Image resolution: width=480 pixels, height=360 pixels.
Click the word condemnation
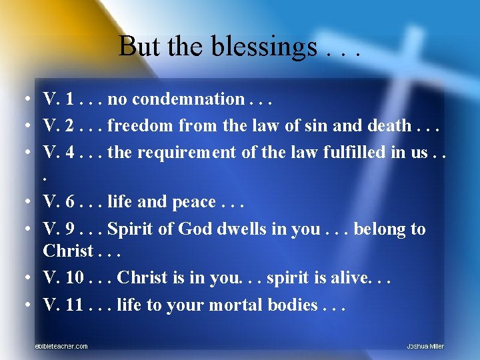click(177, 99)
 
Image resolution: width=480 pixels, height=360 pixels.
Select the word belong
click(379, 229)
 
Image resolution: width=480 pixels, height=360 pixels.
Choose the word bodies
click(293, 305)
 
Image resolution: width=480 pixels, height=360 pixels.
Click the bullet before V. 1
click(23, 100)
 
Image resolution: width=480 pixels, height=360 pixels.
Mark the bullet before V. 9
click(23, 229)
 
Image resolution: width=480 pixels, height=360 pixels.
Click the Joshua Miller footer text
click(425, 346)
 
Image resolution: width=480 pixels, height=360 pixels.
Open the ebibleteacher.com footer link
click(61, 346)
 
